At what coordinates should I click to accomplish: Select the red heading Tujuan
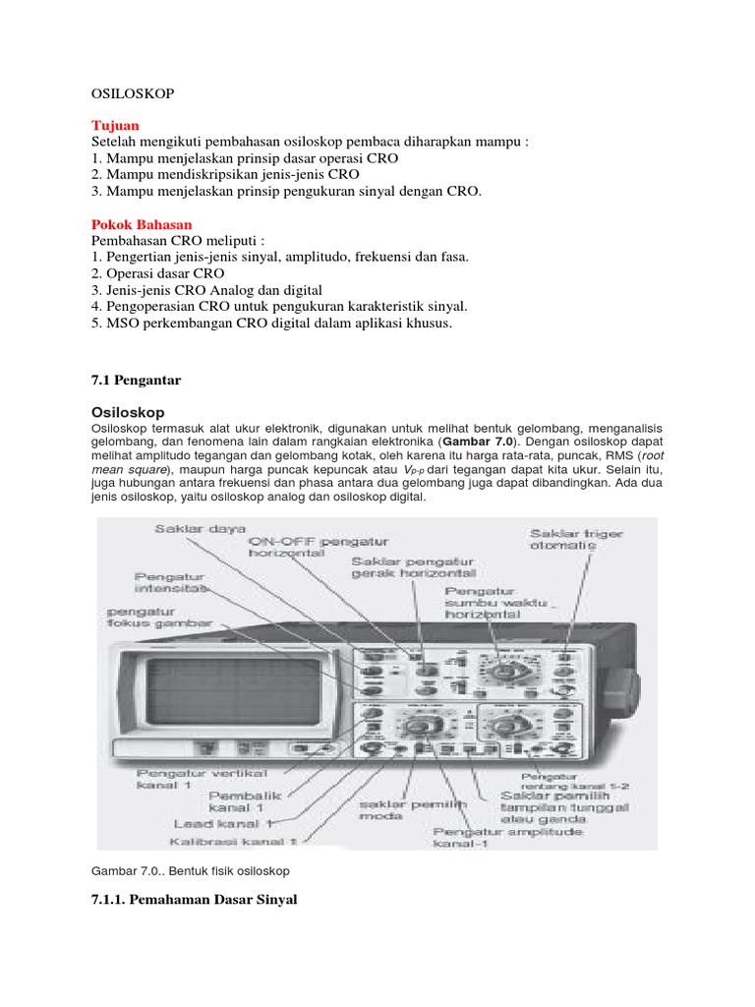tap(115, 126)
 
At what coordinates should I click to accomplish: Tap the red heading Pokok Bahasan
tap(142, 224)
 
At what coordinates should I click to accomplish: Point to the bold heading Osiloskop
tap(128, 411)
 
